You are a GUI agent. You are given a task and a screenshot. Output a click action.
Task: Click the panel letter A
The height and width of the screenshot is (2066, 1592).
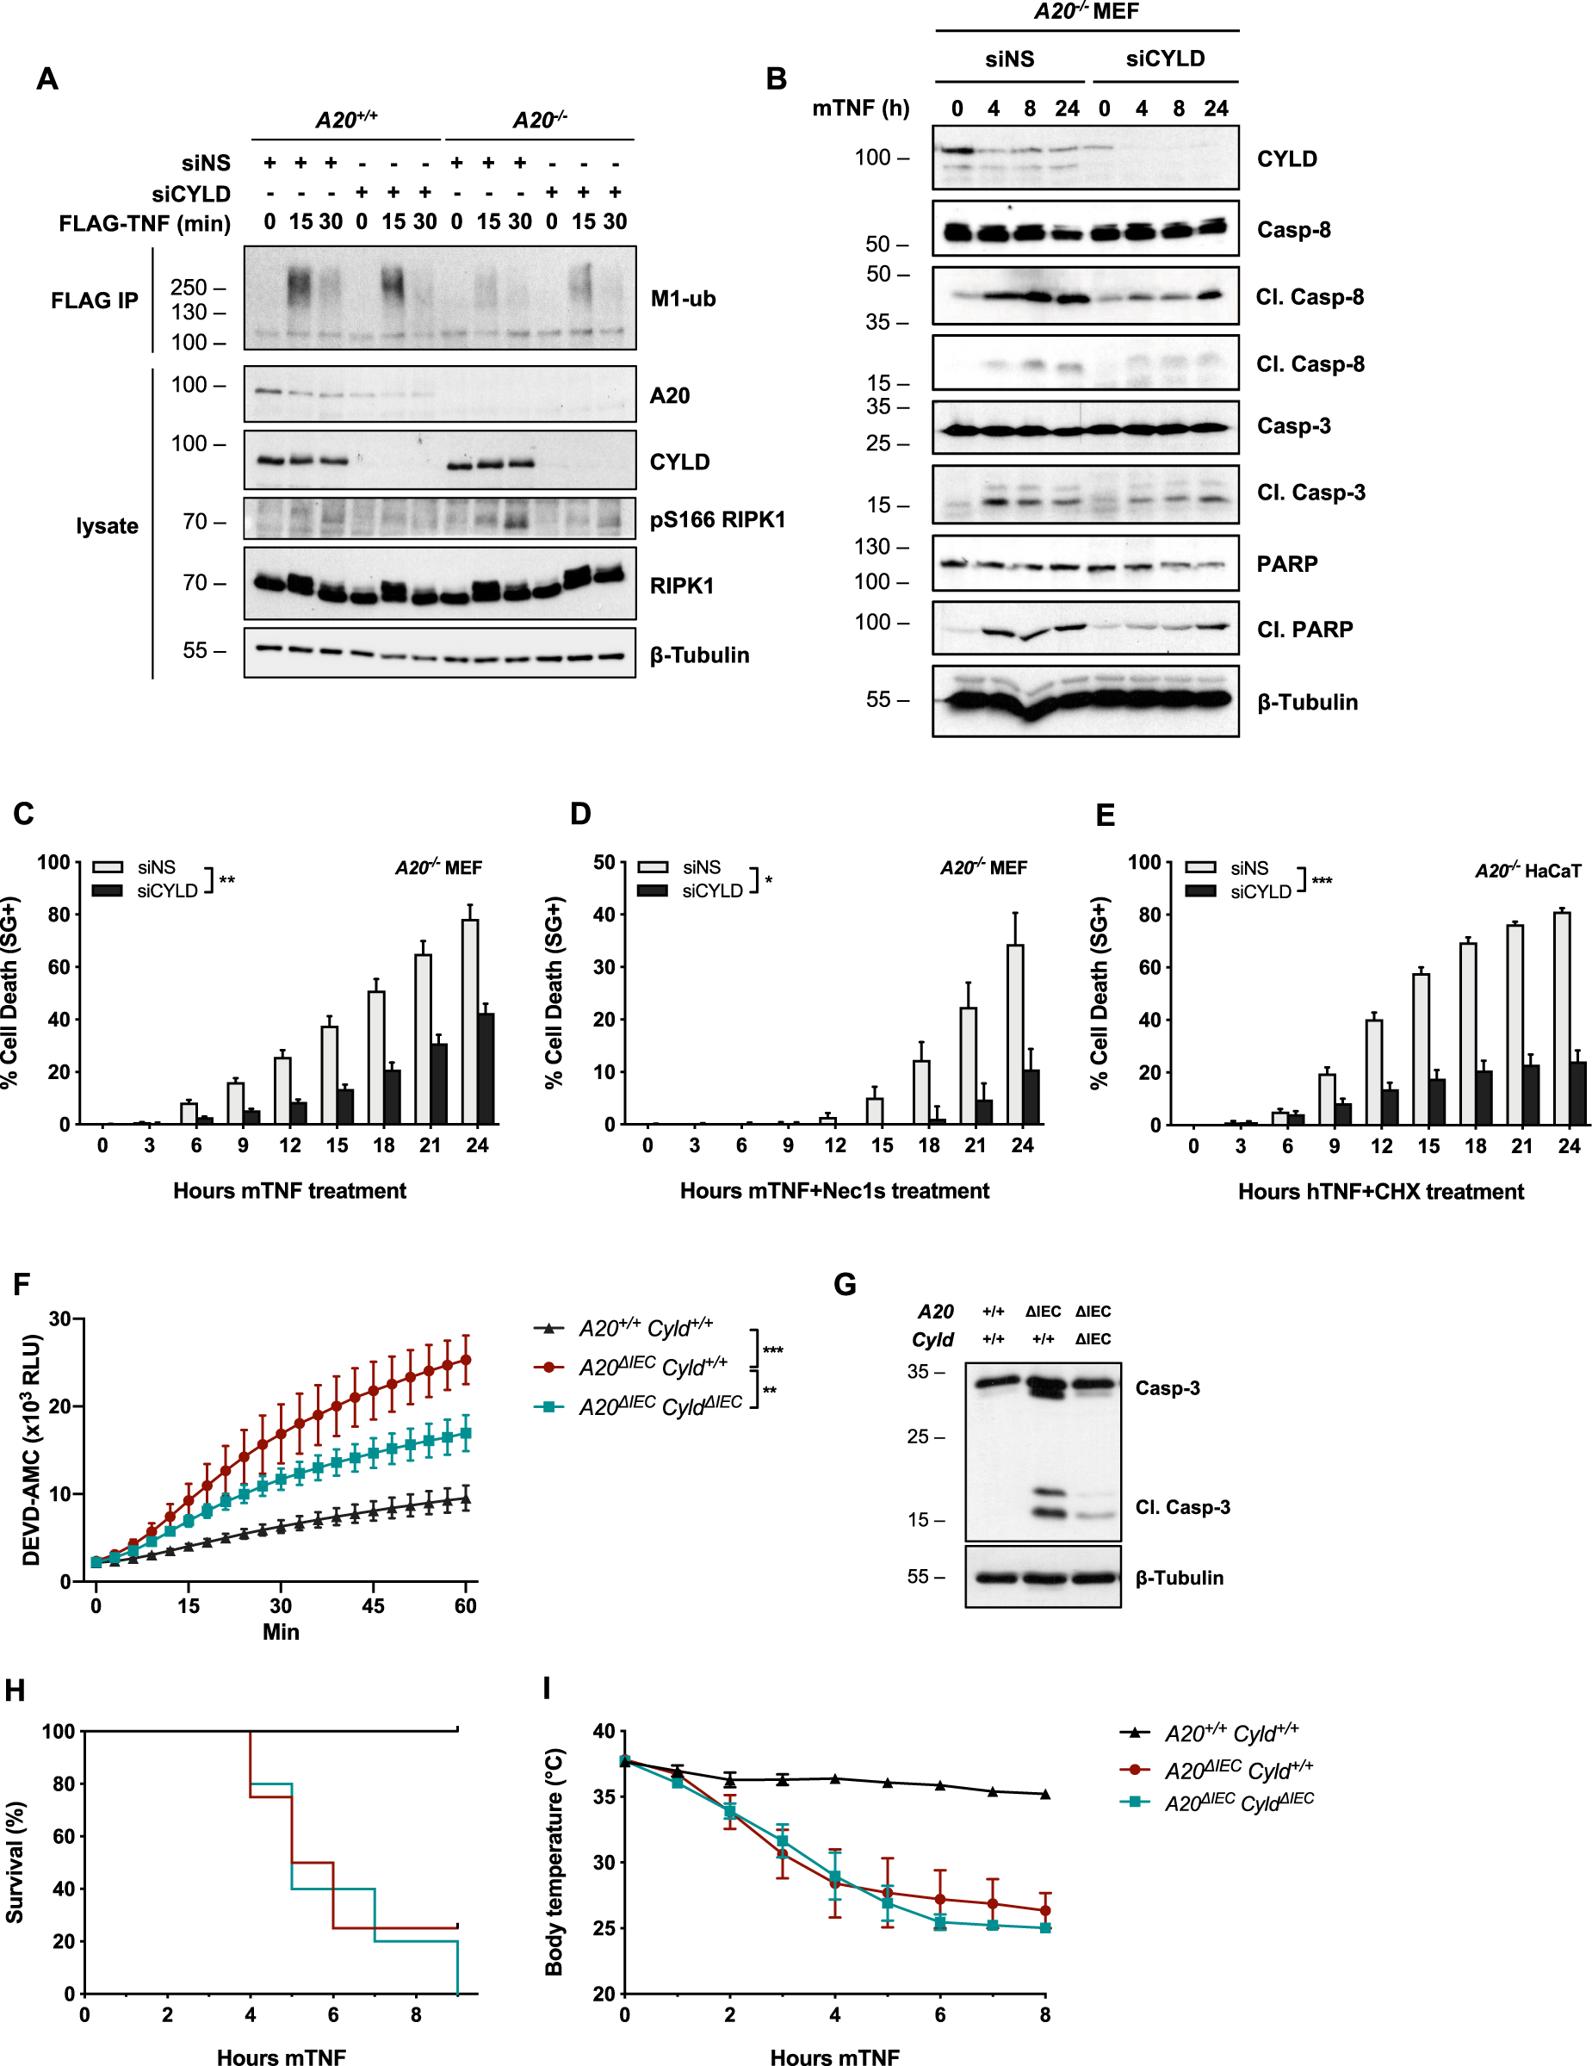47,78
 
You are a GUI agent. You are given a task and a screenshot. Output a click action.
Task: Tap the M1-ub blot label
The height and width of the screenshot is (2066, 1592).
682,299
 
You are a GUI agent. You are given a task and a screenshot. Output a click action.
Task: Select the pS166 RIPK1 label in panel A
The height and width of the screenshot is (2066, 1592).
716,519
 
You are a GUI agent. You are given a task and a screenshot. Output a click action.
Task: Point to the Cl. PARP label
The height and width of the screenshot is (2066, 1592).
1304,629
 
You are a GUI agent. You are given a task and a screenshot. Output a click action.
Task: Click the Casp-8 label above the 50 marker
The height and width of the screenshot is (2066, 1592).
1292,230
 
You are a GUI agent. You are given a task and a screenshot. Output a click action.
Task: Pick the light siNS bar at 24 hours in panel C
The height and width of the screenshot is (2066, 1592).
469,1021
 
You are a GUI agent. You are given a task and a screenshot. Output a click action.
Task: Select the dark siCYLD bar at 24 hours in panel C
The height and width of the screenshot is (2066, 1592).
486,1069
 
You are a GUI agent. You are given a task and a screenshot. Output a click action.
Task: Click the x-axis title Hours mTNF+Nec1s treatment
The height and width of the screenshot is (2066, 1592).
833,1191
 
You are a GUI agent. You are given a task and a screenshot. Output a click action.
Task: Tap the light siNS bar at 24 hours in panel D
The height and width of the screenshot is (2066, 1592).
1015,1034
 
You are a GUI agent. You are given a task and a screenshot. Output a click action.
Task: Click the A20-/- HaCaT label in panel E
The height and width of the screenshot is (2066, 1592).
1527,871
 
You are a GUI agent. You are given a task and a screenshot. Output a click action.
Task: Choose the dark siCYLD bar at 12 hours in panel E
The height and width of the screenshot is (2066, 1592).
1389,1107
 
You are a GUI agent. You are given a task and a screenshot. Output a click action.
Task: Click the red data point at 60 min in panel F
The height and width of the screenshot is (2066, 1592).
466,1359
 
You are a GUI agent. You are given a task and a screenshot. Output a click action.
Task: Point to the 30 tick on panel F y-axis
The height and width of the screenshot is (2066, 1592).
60,1318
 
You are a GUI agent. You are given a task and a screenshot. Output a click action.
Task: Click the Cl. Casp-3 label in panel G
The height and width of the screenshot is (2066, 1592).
1181,1507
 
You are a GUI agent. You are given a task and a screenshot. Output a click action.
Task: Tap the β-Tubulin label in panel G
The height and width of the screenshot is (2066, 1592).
1179,1578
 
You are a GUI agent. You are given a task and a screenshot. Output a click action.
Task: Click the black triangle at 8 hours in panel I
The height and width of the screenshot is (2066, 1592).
1044,1794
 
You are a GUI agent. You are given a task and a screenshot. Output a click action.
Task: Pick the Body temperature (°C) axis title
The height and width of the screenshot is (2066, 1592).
554,1862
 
